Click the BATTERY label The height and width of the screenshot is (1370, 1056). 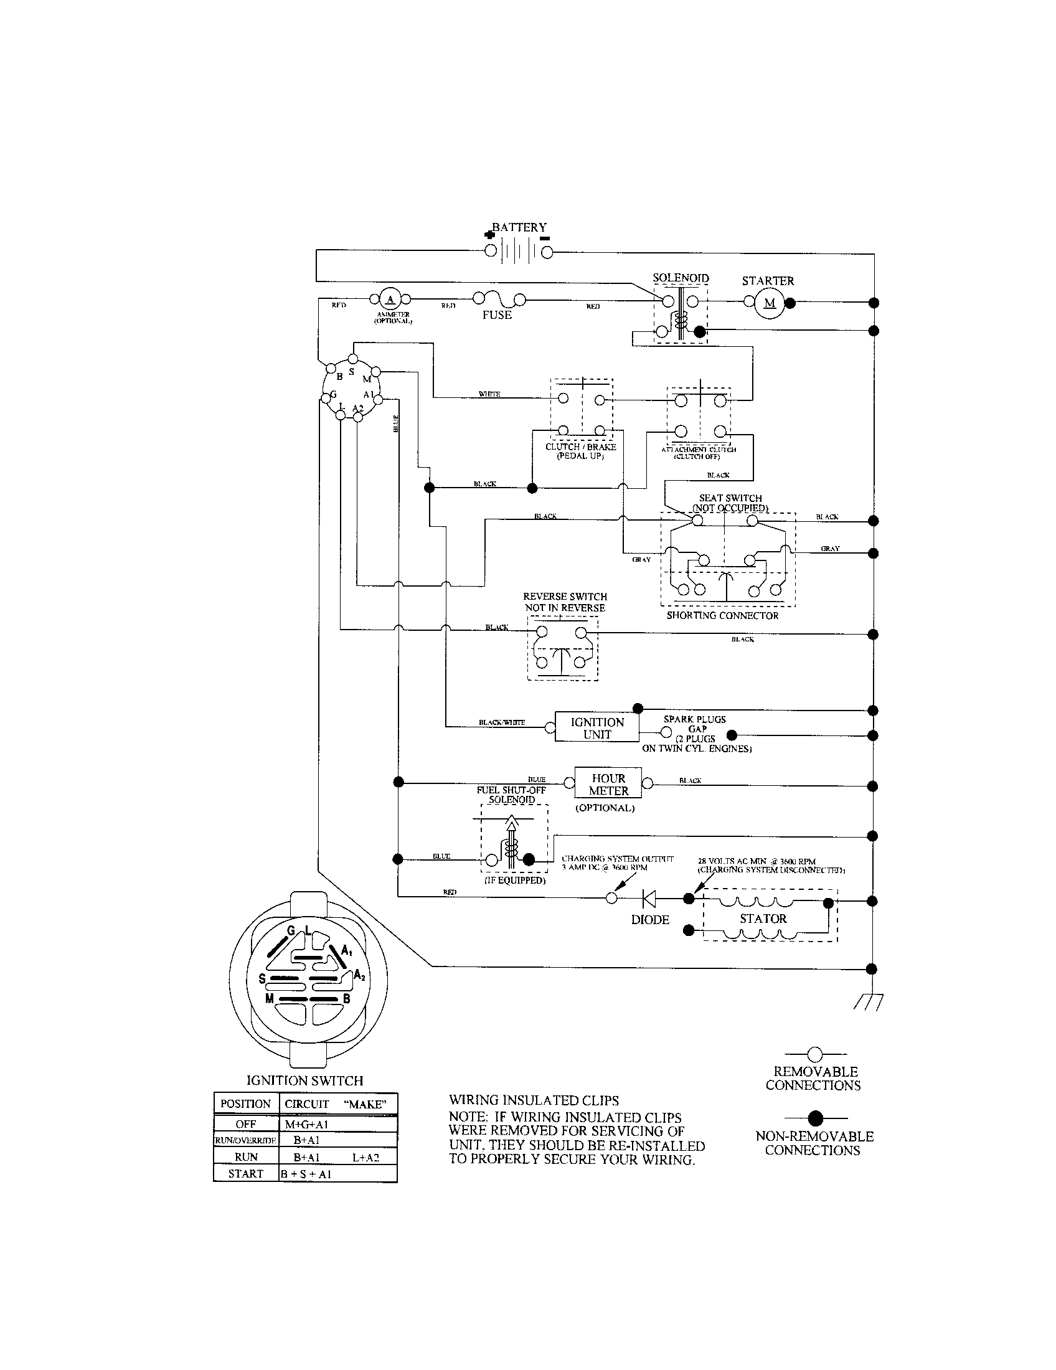tap(519, 227)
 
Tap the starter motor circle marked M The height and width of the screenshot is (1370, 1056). tap(770, 303)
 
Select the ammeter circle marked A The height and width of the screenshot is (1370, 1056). tap(389, 298)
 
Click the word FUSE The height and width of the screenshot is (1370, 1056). tap(497, 315)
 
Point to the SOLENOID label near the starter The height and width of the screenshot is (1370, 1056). tap(681, 278)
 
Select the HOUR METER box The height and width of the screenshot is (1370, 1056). tap(608, 784)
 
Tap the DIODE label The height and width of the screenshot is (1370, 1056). tap(649, 920)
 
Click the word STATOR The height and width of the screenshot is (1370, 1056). tap(763, 919)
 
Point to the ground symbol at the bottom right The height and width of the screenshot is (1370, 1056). tap(868, 1004)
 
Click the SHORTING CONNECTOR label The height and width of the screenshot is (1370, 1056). tap(722, 615)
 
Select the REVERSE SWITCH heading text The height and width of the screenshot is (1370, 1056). tap(565, 597)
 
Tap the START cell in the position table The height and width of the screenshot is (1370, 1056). tap(246, 1174)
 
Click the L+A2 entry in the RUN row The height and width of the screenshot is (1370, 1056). tap(365, 1158)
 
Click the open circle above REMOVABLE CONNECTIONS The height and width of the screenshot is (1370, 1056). tap(814, 1054)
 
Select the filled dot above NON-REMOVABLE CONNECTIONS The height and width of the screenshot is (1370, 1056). tap(814, 1118)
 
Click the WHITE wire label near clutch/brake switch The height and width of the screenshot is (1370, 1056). tap(489, 394)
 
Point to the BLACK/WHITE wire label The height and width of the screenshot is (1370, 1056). tap(502, 722)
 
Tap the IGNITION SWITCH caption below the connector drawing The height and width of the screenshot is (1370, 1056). tap(304, 1081)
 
